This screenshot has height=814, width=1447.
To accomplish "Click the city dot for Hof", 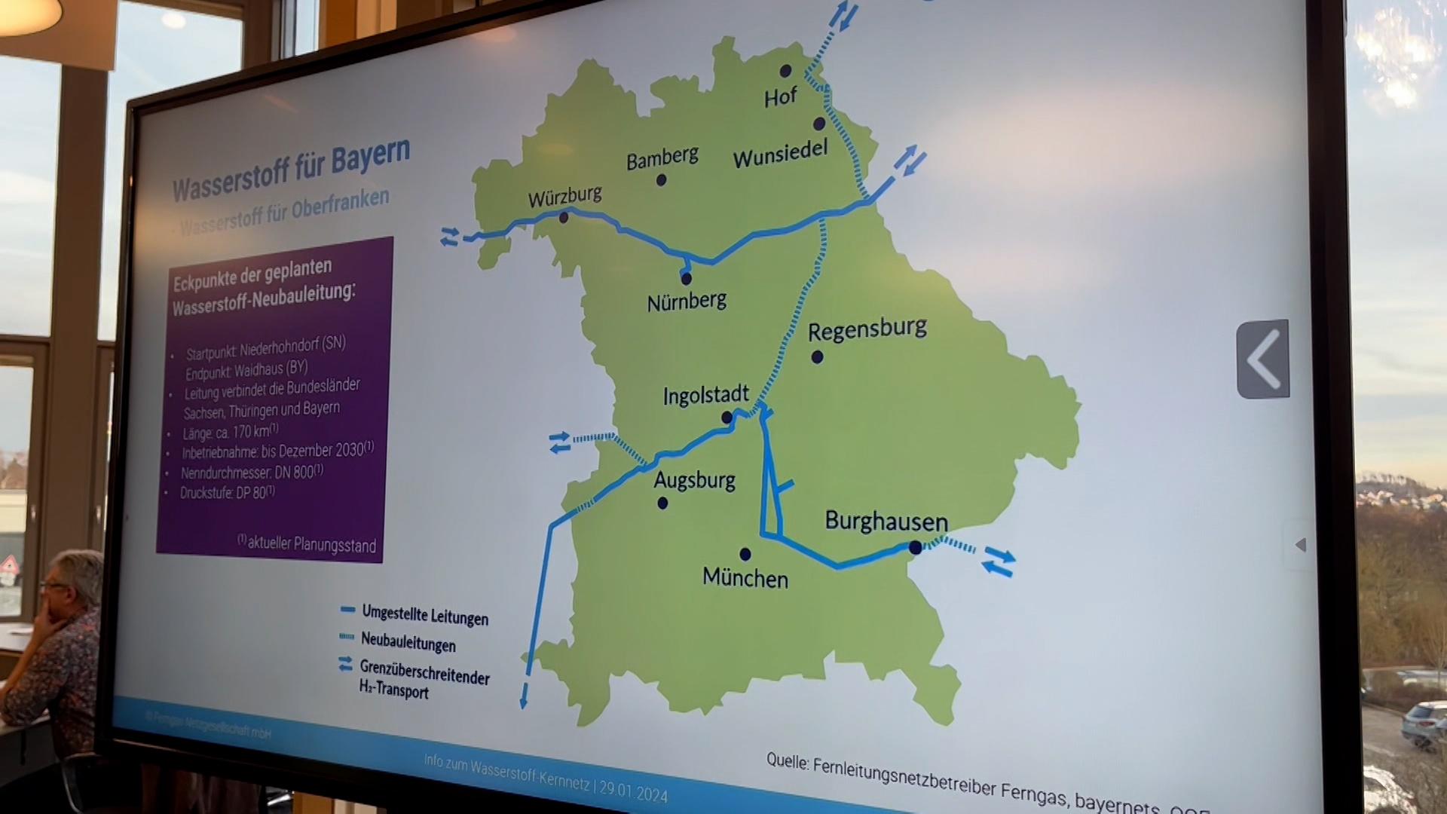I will click(x=785, y=71).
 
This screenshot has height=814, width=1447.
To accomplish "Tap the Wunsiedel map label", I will click(x=780, y=155).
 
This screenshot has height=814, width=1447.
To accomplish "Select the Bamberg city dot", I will click(x=661, y=180).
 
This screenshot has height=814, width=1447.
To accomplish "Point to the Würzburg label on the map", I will click(x=564, y=197).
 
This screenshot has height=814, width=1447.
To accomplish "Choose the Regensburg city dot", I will click(x=817, y=357).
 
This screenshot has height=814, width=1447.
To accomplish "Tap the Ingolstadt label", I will click(x=705, y=395).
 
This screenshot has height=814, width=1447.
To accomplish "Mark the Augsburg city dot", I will click(x=662, y=503).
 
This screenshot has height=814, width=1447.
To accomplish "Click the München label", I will click(x=745, y=578).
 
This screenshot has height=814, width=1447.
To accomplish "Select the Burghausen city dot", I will click(x=915, y=548).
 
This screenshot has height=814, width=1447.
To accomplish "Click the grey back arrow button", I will click(x=1263, y=360).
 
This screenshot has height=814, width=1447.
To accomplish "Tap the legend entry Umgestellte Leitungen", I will click(x=424, y=616).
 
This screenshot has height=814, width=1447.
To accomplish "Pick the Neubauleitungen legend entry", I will click(x=408, y=642).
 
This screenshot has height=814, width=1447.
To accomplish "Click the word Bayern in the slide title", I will click(x=370, y=157).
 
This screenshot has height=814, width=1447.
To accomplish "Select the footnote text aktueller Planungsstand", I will click(x=311, y=543).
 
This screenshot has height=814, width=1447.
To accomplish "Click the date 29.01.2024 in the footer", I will click(x=633, y=791).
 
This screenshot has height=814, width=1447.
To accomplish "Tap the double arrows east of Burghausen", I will click(x=999, y=562).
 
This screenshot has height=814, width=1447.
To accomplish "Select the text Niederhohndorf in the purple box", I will click(x=279, y=347).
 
